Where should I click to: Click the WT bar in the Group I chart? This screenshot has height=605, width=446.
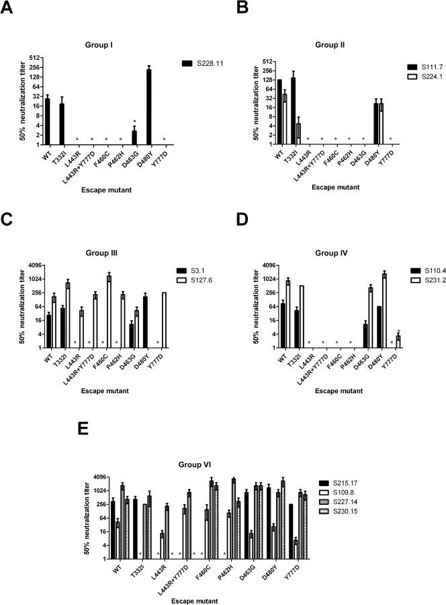click(x=47, y=122)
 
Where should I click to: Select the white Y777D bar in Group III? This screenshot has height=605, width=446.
click(x=163, y=320)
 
